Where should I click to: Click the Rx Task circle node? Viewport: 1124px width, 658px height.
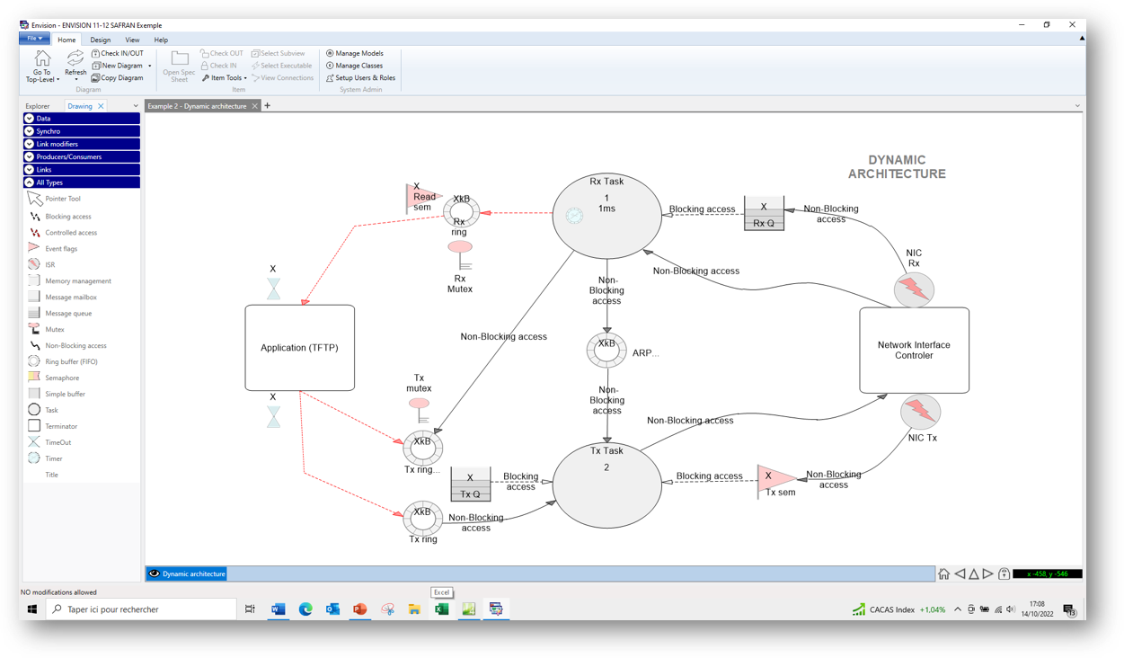[x=606, y=216]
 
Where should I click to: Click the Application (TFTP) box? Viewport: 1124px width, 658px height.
[x=299, y=348]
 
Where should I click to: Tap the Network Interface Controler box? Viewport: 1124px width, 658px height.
[x=914, y=351]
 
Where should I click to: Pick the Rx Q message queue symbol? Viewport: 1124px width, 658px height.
[x=764, y=214]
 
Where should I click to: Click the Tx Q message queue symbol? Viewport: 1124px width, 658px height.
[x=470, y=485]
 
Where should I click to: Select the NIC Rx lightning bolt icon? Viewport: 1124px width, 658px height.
[x=915, y=289]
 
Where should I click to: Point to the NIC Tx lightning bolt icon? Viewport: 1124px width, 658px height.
[x=920, y=412]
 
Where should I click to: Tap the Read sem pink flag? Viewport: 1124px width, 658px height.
[x=422, y=198]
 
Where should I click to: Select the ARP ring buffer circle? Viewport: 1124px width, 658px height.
[x=606, y=350]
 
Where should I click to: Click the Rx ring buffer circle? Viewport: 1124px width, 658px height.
[x=461, y=212]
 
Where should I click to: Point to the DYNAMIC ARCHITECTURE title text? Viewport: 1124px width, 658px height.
[x=897, y=167]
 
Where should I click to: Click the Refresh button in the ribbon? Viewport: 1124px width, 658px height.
[x=75, y=64]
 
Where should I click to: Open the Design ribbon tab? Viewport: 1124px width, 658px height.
[x=101, y=40]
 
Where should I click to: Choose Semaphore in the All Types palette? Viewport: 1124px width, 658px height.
[x=62, y=378]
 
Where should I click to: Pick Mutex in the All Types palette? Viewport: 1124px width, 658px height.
[x=55, y=329]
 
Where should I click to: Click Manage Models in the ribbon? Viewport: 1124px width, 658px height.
[x=358, y=53]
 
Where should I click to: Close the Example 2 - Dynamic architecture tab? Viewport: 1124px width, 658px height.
[x=255, y=106]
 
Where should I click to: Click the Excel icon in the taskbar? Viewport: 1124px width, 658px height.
[x=441, y=609]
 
